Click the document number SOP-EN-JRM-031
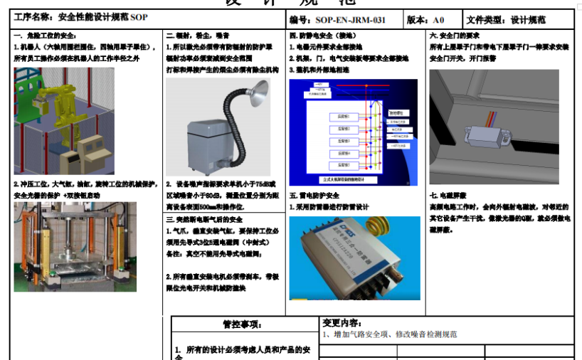point(351,20)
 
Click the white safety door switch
point(487,134)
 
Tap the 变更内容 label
point(342,322)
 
